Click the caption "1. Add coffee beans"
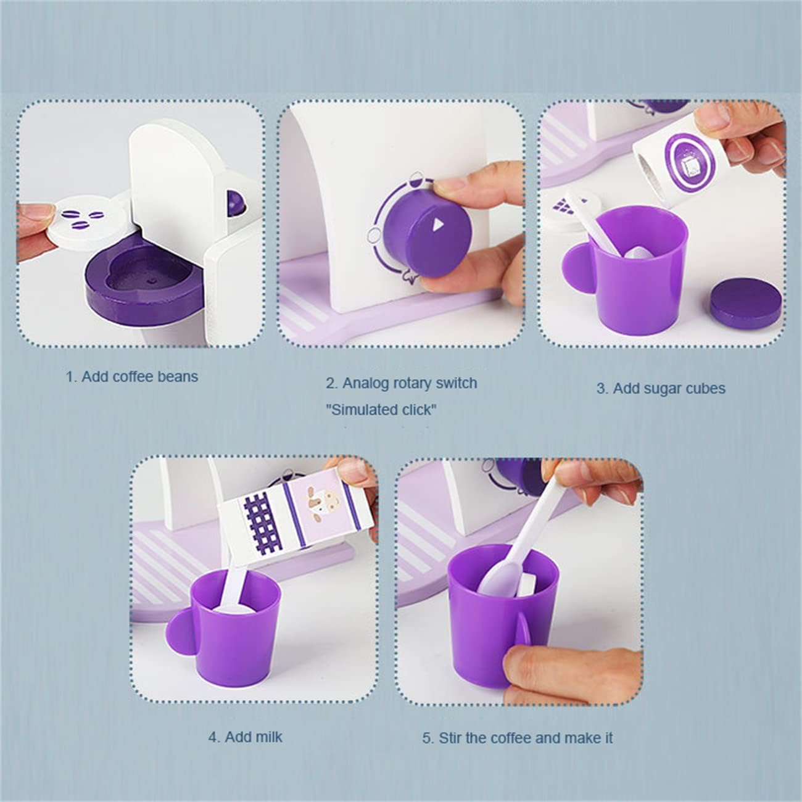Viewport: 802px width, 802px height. [x=132, y=377]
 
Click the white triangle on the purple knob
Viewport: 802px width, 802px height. [x=437, y=225]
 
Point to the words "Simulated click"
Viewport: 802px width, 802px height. [x=381, y=410]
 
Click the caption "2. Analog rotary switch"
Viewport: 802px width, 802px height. [x=401, y=383]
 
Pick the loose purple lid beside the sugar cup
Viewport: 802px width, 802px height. [x=745, y=302]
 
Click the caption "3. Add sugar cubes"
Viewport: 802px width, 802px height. [x=661, y=389]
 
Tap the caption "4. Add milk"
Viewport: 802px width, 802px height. [x=245, y=737]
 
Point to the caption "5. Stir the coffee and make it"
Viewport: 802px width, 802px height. [x=518, y=738]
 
